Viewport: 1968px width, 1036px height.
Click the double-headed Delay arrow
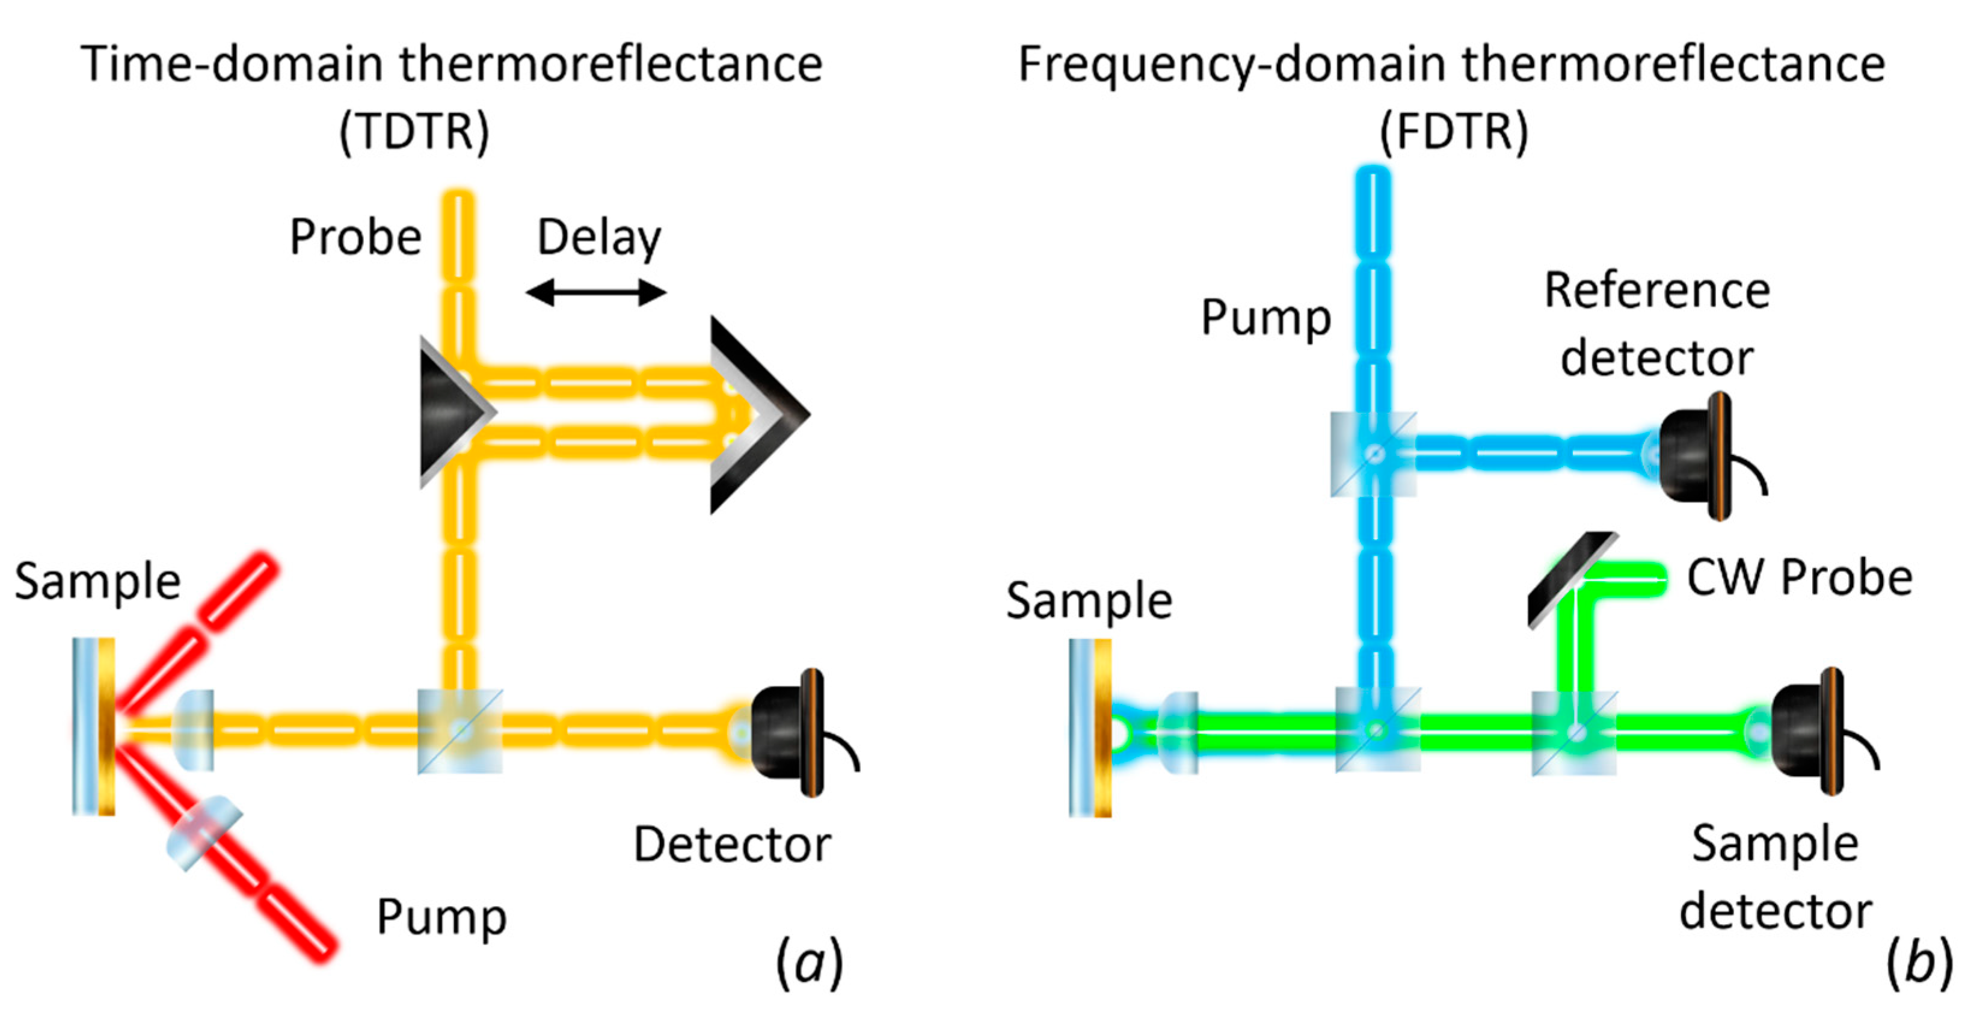click(596, 292)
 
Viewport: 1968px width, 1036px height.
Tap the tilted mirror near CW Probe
click(1572, 580)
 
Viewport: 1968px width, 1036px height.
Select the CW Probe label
click(1799, 578)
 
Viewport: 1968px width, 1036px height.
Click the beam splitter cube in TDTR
click(460, 731)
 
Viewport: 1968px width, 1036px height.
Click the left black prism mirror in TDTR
click(450, 413)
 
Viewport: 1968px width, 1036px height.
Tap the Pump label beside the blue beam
click(1266, 317)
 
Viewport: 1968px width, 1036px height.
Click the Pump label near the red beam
click(441, 916)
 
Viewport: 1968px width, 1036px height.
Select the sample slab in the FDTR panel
click(1090, 728)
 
